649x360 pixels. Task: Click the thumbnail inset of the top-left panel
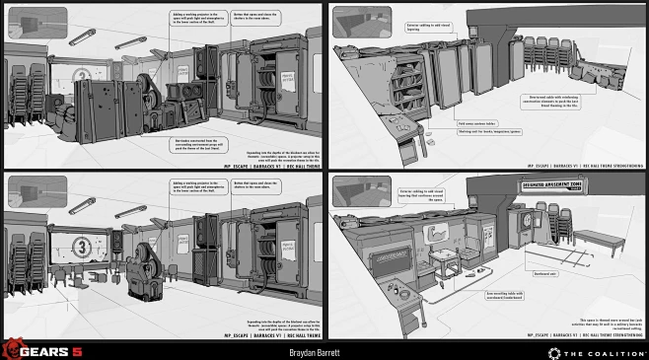tap(36, 22)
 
